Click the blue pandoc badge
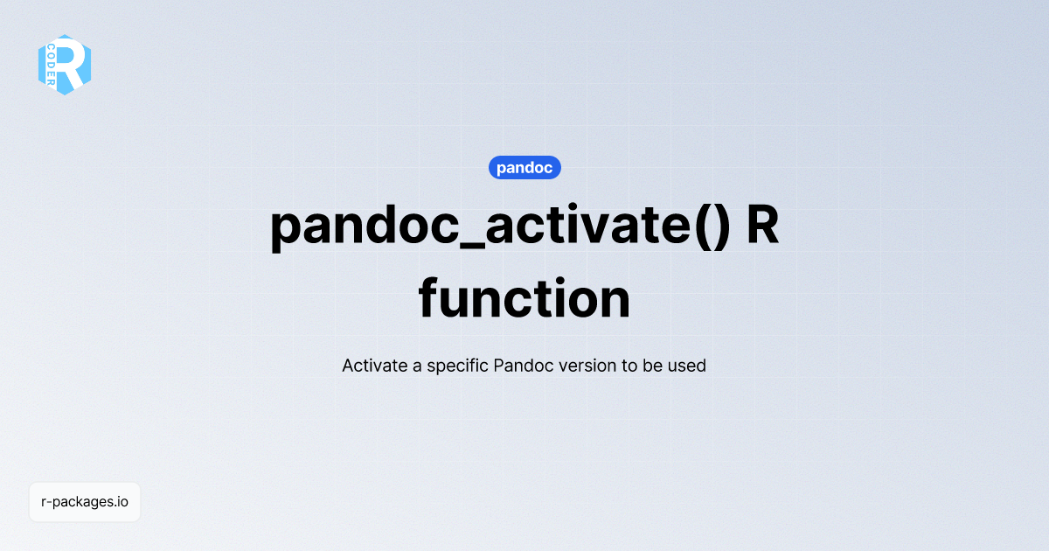coord(524,168)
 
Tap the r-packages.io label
coord(85,502)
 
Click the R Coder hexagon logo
coord(65,65)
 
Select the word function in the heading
coord(524,299)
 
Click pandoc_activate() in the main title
coord(499,226)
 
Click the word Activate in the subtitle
coord(374,366)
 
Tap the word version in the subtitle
coord(587,366)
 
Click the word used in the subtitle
coord(687,366)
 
